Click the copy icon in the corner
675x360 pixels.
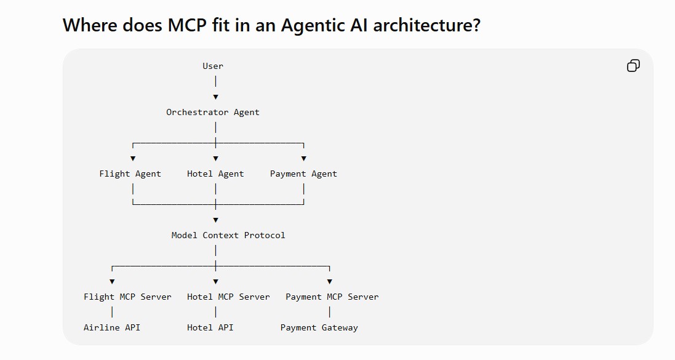click(633, 65)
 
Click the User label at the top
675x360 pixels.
click(213, 66)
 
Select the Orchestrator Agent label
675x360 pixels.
click(213, 113)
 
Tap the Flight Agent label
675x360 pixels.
click(130, 174)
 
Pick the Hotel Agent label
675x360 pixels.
click(215, 174)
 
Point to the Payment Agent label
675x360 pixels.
click(303, 174)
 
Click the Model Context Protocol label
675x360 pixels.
click(228, 235)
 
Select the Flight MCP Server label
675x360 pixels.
click(127, 297)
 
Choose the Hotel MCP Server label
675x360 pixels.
click(228, 297)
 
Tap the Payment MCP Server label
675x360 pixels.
click(332, 297)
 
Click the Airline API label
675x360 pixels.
click(112, 327)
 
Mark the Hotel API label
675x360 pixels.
click(210, 327)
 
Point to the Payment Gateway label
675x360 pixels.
click(319, 328)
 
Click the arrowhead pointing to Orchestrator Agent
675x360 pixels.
click(216, 97)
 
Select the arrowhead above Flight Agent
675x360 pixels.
click(133, 159)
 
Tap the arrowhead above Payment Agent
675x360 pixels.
click(304, 159)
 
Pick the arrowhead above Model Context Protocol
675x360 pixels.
click(216, 220)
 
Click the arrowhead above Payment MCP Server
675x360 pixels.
click(330, 282)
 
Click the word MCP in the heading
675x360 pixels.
click(187, 25)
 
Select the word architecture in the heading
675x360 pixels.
click(426, 25)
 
